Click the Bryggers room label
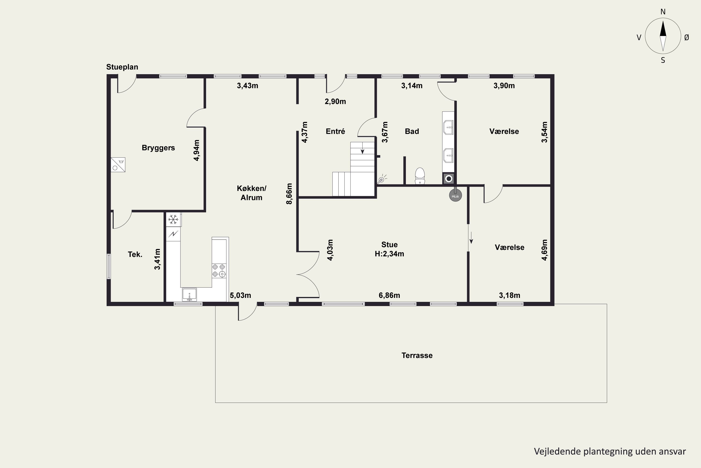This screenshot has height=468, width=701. coord(158,148)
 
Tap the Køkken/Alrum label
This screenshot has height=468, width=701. coord(252,193)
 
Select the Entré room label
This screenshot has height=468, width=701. coord(335,131)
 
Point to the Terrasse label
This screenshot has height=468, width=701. coord(417,355)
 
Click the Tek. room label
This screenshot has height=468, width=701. coord(135,254)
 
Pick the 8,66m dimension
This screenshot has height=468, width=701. coord(289,194)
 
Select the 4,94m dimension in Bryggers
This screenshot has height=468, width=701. coord(197,150)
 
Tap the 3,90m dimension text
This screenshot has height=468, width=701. coord(504,86)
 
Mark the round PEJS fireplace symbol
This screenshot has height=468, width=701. coord(455,195)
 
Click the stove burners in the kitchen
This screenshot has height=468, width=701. coord(219,271)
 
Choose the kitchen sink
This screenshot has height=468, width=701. coord(190,294)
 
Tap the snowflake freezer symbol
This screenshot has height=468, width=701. coord(173,220)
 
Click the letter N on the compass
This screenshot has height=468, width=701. coord(663,12)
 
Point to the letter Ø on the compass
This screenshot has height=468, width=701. coord(687,37)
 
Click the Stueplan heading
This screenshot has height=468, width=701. coord(122,67)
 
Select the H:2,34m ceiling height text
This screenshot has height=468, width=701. coord(389,254)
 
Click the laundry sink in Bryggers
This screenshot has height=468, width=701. coord(118,165)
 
